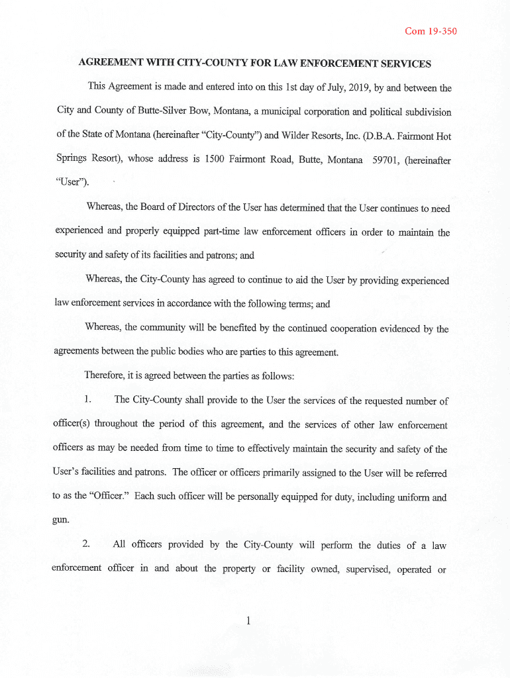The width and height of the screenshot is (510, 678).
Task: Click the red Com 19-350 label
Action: tap(431, 31)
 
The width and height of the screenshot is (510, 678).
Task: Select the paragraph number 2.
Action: tap(86, 545)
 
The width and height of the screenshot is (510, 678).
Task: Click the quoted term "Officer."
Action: tap(106, 497)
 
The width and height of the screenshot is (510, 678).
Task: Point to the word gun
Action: tap(60, 520)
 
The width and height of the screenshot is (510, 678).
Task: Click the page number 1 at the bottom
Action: tap(247, 620)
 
